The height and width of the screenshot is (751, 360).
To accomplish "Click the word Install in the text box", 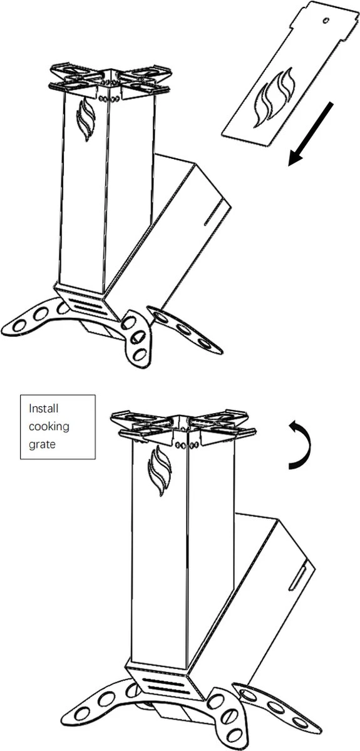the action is [44, 408].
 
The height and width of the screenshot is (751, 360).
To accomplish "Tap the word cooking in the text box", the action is [49, 427].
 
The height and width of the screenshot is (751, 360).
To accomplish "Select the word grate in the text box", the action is [42, 444].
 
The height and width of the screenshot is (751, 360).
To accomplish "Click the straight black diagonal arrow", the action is [311, 134].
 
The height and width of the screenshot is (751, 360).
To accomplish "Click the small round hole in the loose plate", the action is [326, 21].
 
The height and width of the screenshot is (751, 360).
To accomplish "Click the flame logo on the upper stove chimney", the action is [86, 120].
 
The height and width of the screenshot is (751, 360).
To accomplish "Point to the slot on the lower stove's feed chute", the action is [297, 577].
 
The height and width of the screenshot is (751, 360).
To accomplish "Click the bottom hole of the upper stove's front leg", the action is [140, 354].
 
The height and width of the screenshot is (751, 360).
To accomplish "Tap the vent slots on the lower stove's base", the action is [165, 684].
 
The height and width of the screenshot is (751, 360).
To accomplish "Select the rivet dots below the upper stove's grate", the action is [109, 99].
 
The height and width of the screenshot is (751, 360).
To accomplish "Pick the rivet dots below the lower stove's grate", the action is [187, 445].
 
